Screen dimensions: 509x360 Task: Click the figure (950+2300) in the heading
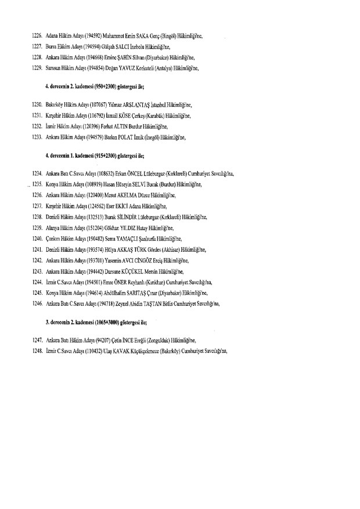click(107, 90)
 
